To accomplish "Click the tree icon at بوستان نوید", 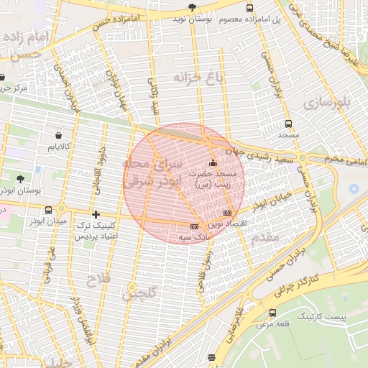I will pyautogui.click(x=191, y=7).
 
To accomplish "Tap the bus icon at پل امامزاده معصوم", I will pyautogui.click(x=249, y=8).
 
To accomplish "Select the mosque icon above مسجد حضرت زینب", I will pyautogui.click(x=212, y=160).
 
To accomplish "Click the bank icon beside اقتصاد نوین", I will pyautogui.click(x=228, y=213).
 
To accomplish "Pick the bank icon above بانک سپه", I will pyautogui.click(x=194, y=226).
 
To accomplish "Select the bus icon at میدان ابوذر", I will pyautogui.click(x=48, y=210).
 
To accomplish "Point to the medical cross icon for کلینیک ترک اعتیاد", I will pyautogui.click(x=96, y=214).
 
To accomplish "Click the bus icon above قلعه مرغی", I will pyautogui.click(x=272, y=313).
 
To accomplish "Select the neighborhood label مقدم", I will pyautogui.click(x=265, y=236).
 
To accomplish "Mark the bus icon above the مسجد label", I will pyautogui.click(x=288, y=123).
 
